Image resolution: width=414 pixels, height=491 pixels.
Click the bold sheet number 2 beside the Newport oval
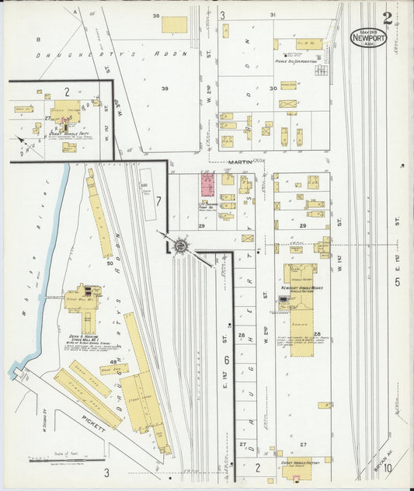[388, 19]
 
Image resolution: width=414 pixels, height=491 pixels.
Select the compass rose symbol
[180, 245]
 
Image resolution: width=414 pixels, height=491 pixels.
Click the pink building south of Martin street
[209, 185]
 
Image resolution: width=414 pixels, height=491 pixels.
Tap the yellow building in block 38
[174, 25]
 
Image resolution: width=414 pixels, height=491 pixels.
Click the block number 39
[165, 89]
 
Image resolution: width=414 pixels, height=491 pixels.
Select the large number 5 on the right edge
[397, 281]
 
